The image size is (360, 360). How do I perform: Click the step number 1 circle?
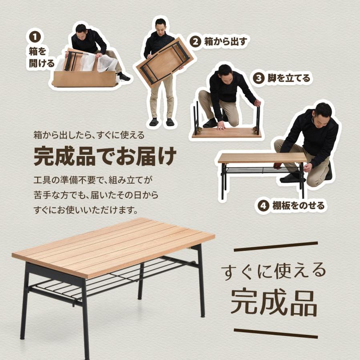tap(35, 37)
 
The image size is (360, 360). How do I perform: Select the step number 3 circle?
tap(258, 78)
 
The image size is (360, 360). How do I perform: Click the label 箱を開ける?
tap(41, 57)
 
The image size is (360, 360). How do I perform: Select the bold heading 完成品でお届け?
tap(104, 156)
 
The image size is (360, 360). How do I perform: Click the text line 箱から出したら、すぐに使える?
tap(88, 135)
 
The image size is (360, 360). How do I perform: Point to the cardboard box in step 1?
tap(84, 79)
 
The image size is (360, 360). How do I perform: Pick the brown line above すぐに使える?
tap(276, 247)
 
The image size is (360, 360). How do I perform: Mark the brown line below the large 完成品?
tap(276, 333)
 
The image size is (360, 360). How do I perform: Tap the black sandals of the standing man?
tap(162, 122)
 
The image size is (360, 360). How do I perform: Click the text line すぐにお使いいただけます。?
tap(86, 210)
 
